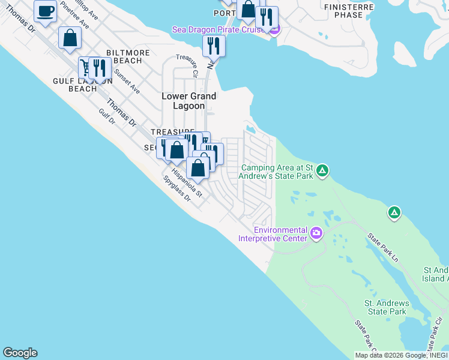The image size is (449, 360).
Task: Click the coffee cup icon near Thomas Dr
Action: click(x=46, y=11)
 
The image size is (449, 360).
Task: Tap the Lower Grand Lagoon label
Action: click(x=189, y=101)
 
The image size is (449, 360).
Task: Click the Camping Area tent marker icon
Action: click(x=322, y=172)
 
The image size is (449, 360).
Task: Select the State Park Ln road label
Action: click(x=382, y=247)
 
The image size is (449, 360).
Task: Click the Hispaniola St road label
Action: click(x=187, y=182)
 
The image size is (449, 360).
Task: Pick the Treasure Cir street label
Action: click(x=187, y=65)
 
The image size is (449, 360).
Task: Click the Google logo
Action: click(x=20, y=353)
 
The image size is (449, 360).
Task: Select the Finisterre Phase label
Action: click(x=348, y=11)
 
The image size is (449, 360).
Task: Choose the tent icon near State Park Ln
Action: click(x=394, y=212)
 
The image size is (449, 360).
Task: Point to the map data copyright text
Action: click(x=399, y=355)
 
